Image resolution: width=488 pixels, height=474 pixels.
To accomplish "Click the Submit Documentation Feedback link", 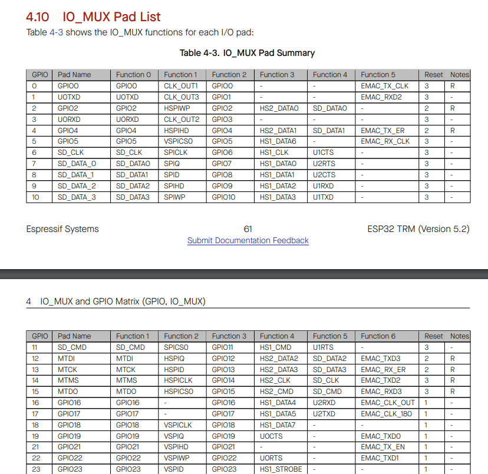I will pos(248,240).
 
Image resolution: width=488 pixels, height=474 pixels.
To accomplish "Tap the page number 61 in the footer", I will pos(248,229).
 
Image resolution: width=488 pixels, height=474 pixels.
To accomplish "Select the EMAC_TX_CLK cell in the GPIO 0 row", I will pos(384,86).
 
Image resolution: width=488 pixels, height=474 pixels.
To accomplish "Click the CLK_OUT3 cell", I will pos(182,97).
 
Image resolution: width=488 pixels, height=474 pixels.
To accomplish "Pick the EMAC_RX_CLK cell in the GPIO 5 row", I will pos(385,141).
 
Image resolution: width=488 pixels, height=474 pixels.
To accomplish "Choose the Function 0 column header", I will pos(133,75).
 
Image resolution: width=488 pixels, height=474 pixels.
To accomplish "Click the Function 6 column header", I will pos(378,336).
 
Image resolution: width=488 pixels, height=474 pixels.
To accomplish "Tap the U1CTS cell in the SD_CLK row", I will pos(323,153).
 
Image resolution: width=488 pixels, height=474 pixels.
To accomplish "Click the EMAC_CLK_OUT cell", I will pos(388,403).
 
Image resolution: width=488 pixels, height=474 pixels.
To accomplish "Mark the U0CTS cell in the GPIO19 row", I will pos(271,436).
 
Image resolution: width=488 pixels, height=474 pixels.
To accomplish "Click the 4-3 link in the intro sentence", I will pos(56,32).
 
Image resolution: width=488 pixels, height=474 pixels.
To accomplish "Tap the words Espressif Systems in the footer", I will pos(62,229).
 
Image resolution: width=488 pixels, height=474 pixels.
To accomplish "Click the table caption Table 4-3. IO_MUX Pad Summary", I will pos(247,53).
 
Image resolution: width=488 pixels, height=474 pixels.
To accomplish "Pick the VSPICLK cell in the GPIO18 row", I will pos(178,425).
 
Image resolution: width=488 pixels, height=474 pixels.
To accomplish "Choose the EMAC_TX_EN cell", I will pos(383,448).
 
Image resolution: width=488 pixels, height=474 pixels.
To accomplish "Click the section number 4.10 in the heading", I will pos(38,17).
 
